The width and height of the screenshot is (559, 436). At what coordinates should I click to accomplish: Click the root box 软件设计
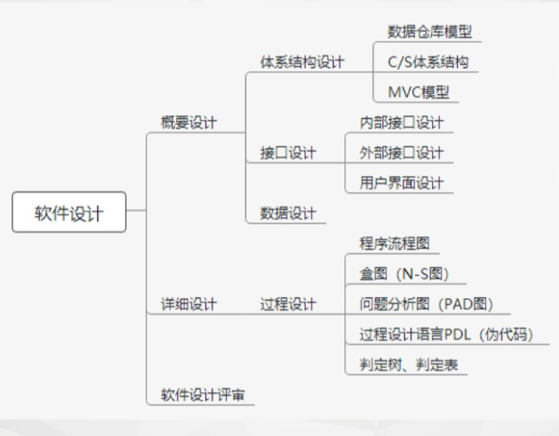69,212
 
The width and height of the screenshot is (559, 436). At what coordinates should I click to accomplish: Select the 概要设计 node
189,122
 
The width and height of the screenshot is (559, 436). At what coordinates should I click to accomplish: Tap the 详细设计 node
189,304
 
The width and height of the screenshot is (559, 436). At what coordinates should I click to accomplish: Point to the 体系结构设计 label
302,62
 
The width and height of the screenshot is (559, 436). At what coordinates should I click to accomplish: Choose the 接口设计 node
288,153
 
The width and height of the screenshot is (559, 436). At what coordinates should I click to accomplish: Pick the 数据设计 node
288,213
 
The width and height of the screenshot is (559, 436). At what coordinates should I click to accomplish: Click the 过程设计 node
288,304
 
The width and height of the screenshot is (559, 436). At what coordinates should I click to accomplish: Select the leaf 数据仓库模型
429,32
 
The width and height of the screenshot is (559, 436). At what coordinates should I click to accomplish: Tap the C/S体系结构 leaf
428,62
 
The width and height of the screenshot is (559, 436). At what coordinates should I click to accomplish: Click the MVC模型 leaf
419,93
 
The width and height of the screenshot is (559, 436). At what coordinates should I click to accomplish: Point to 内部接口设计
401,123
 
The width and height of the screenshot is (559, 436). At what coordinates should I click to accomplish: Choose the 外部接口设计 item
401,153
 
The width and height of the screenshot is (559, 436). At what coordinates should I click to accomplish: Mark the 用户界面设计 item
401,183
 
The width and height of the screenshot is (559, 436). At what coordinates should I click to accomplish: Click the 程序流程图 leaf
394,243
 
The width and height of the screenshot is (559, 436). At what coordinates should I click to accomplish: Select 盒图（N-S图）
403,273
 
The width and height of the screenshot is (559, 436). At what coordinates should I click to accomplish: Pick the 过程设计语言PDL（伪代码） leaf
445,334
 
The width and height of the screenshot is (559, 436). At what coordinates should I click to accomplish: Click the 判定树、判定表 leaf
409,364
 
